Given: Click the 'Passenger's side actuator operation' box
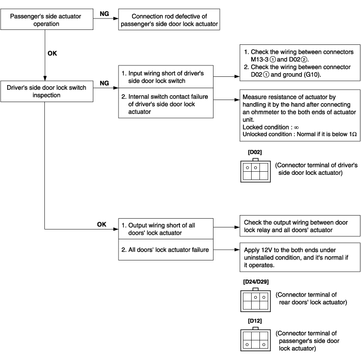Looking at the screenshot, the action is [47, 19].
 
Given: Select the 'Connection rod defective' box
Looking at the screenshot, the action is [169, 20].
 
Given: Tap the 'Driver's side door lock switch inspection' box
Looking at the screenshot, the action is [47, 91].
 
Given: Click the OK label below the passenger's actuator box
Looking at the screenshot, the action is [52, 54].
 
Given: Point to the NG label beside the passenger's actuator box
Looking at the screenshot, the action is [104, 14].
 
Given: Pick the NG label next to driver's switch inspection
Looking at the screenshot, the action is [104, 83].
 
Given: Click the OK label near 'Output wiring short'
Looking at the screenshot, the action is [102, 224].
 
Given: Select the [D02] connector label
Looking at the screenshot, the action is [255, 152].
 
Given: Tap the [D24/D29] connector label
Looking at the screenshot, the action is [256, 282].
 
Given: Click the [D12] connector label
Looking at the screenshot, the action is [255, 321].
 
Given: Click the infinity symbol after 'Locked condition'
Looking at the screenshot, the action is [297, 127].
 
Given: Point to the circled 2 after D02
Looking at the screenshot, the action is [304, 60].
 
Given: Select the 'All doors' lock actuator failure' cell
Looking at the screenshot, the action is [166, 250].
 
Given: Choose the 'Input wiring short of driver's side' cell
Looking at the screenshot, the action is [166, 77].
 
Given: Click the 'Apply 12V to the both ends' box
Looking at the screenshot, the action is [300, 257].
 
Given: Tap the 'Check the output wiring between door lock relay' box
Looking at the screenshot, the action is [300, 226].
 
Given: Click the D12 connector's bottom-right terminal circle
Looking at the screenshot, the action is [264, 345].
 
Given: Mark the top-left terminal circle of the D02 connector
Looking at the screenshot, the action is [248, 168].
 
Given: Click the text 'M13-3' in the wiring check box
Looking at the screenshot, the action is [259, 59].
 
